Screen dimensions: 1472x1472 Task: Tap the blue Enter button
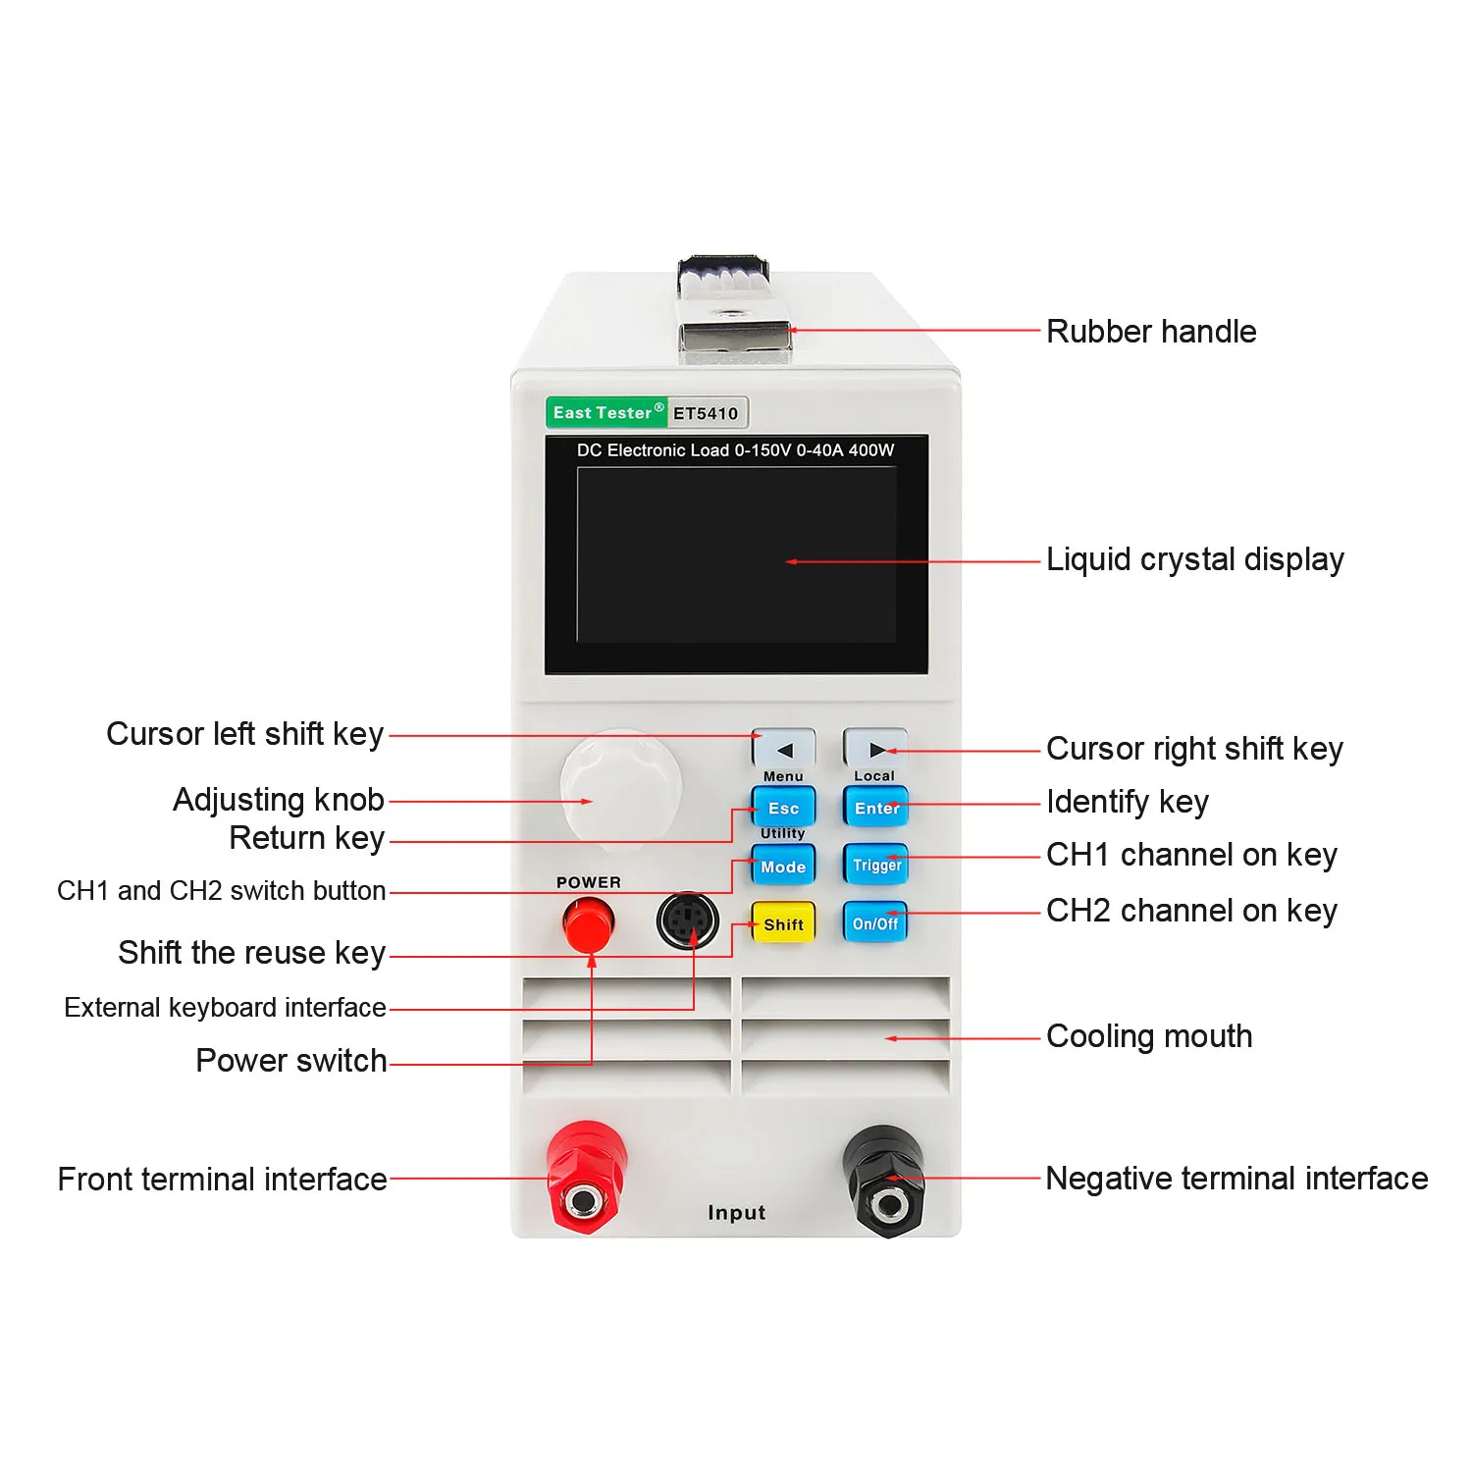(x=875, y=808)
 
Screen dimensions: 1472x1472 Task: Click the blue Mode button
(x=783, y=867)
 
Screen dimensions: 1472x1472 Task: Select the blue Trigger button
(x=875, y=865)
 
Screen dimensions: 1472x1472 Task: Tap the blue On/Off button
(x=875, y=923)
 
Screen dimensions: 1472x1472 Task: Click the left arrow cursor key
(x=783, y=750)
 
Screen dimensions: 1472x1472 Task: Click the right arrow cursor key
(x=875, y=750)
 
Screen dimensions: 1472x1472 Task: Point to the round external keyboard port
(x=688, y=920)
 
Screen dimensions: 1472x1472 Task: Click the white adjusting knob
(x=620, y=785)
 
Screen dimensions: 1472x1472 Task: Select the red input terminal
(x=585, y=1178)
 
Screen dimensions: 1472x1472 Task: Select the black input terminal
(x=885, y=1181)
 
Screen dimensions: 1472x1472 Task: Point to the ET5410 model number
(x=706, y=414)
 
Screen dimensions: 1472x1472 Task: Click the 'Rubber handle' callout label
(x=1151, y=332)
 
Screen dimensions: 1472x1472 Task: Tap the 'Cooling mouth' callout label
(x=1149, y=1036)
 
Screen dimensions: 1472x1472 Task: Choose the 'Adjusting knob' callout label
(x=279, y=800)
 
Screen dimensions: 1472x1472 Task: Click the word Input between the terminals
(x=736, y=1213)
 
